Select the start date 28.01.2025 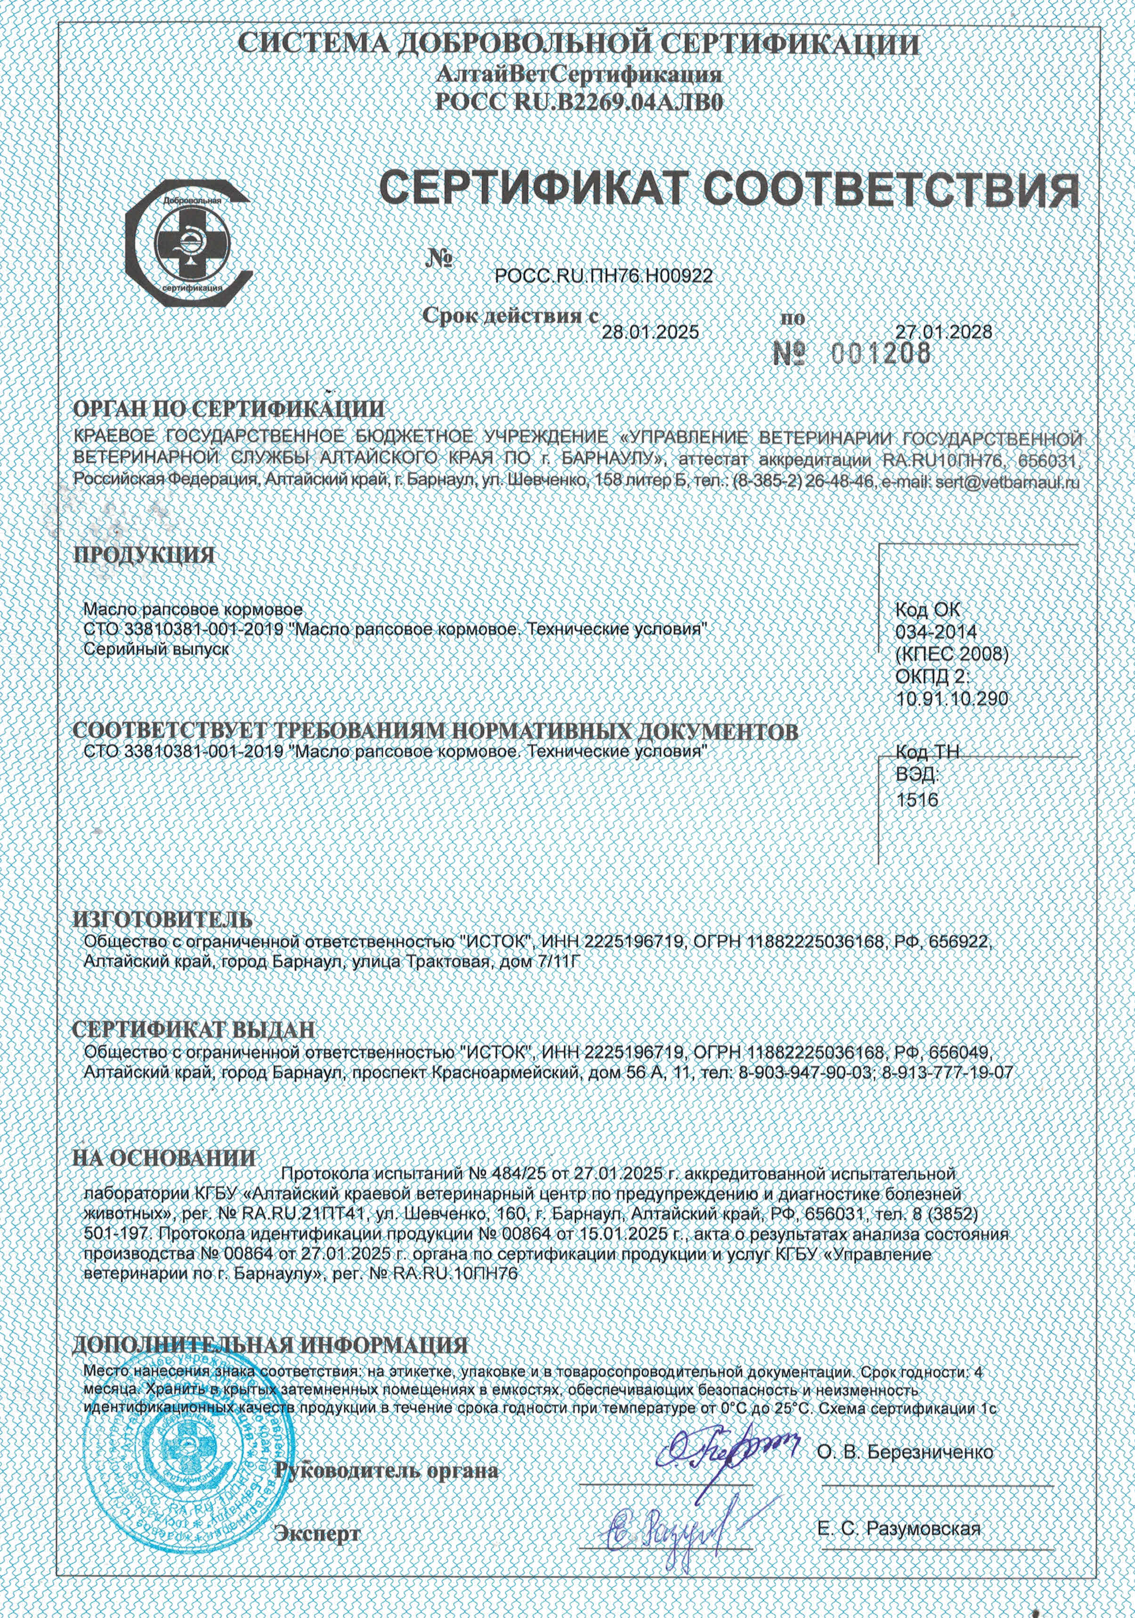pyautogui.click(x=650, y=332)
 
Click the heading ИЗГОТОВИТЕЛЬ pyautogui.click(x=162, y=920)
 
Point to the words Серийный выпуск pyautogui.click(x=156, y=649)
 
